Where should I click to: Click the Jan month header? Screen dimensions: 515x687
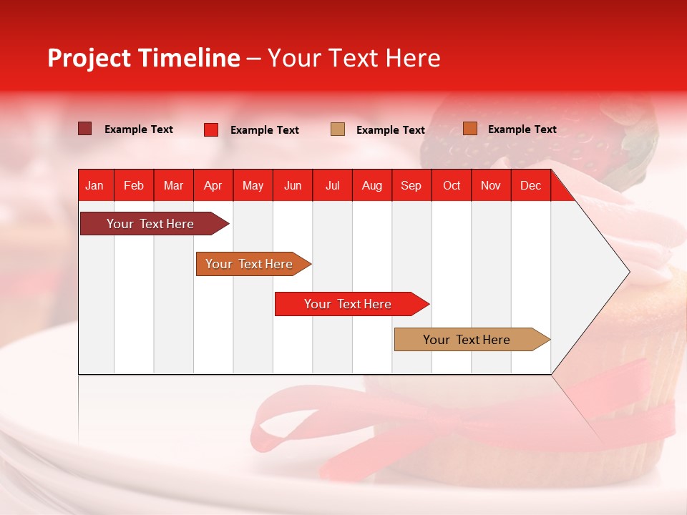tap(95, 185)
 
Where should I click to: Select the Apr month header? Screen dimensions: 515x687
tap(213, 185)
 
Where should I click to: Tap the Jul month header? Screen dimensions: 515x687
tap(332, 185)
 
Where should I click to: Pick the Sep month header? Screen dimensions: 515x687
tap(411, 185)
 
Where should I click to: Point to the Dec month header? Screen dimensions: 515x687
tap(530, 185)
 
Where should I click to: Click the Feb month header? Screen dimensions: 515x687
tap(134, 185)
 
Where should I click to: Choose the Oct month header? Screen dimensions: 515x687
tap(452, 185)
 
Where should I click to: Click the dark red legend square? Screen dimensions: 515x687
tap(85, 129)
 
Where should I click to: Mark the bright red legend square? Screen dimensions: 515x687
tap(211, 129)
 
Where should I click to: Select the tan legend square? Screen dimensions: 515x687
tap(338, 129)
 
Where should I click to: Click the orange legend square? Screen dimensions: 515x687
tap(470, 129)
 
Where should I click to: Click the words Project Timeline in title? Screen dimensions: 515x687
tap(144, 58)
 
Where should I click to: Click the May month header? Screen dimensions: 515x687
tap(253, 185)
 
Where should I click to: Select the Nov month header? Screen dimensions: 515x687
tap(491, 185)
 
